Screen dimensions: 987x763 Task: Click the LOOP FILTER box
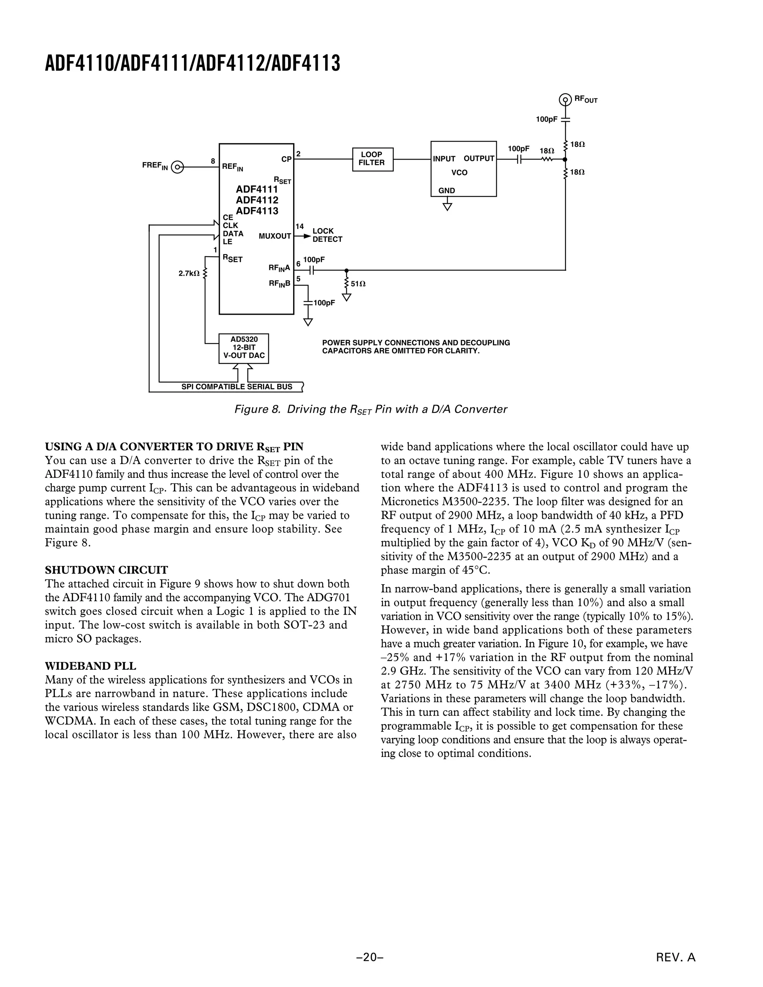tap(373, 159)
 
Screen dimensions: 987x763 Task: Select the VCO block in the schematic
tap(463, 169)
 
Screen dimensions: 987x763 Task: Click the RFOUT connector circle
tap(565, 99)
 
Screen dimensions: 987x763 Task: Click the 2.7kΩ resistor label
tap(189, 273)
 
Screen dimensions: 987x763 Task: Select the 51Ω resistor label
tap(358, 284)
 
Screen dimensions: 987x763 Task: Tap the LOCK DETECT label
tap(327, 235)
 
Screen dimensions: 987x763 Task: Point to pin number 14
tap(300, 226)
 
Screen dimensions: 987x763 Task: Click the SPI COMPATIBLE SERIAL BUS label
tap(237, 387)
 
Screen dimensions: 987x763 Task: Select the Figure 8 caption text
tap(371, 409)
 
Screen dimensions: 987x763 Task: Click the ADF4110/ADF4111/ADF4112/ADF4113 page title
tap(193, 64)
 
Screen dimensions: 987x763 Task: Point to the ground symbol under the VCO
tap(447, 207)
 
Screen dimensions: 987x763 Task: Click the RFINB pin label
tap(279, 284)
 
